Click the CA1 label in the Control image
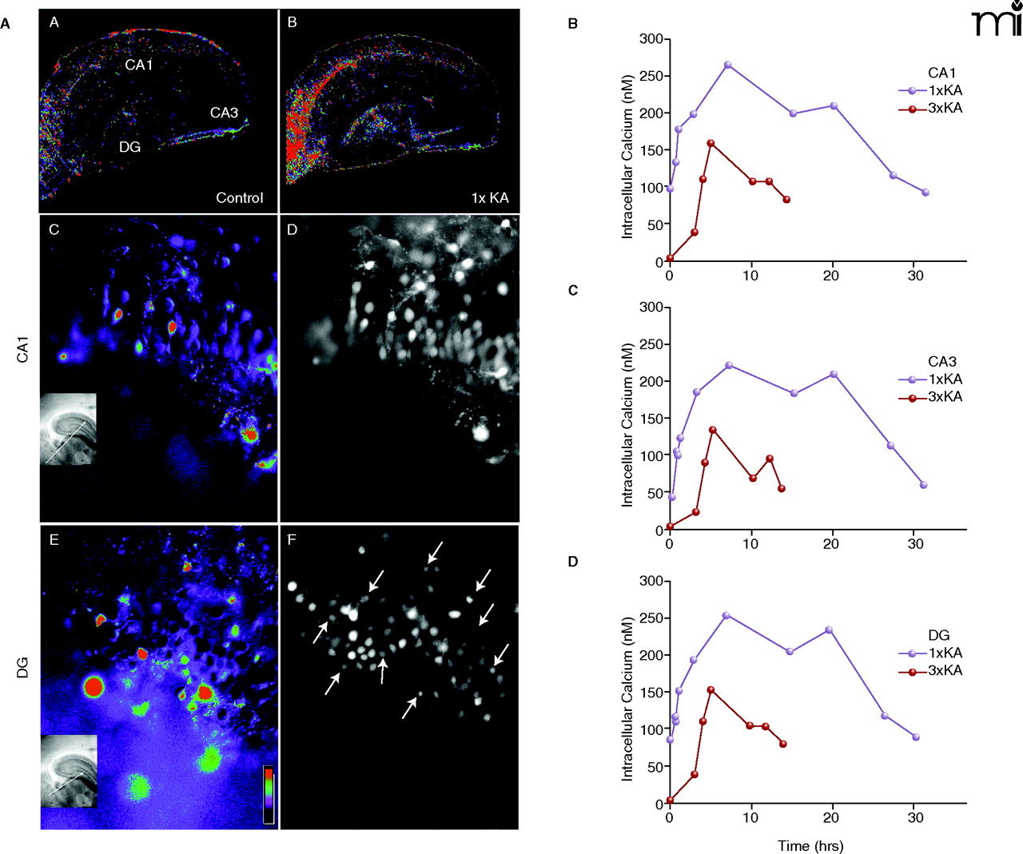pyautogui.click(x=138, y=65)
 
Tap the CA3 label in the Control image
pyautogui.click(x=224, y=113)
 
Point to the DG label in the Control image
pyautogui.click(x=129, y=146)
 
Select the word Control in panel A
pyautogui.click(x=239, y=197)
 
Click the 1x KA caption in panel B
pyautogui.click(x=489, y=197)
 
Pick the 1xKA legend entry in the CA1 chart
pyautogui.click(x=931, y=90)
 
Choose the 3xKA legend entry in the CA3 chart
pyautogui.click(x=931, y=397)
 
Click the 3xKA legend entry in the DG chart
pyautogui.click(x=931, y=670)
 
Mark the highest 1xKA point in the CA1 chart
pyautogui.click(x=727, y=65)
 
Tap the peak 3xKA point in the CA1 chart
pyautogui.click(x=711, y=143)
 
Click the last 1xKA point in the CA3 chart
pyautogui.click(x=924, y=485)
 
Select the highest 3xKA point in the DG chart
pyautogui.click(x=711, y=689)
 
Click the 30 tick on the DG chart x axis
pyautogui.click(x=916, y=817)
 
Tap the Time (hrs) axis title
pyautogui.click(x=810, y=845)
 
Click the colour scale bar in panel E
pyautogui.click(x=269, y=794)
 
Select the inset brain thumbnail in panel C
pyautogui.click(x=68, y=429)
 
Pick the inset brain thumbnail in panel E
pyautogui.click(x=69, y=771)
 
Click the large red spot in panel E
pyautogui.click(x=94, y=686)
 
